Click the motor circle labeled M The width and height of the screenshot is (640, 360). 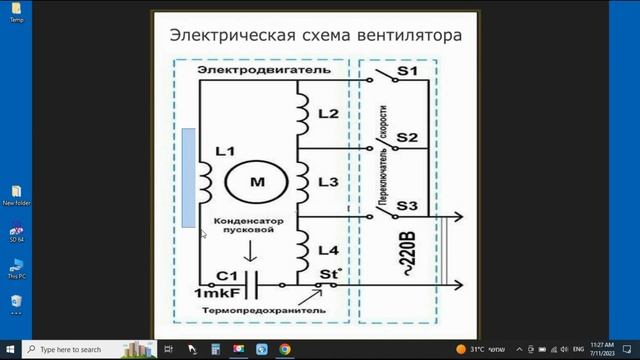[x=257, y=183]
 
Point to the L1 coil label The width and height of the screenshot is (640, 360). [x=224, y=152]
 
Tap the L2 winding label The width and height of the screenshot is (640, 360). [x=327, y=114]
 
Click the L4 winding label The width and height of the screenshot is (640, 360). [x=327, y=249]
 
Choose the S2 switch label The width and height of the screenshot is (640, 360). [x=407, y=137]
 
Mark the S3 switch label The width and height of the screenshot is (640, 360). [x=407, y=206]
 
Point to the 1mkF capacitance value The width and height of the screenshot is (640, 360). [x=216, y=294]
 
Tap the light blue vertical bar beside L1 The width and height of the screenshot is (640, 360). [x=189, y=178]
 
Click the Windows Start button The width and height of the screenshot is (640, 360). [x=11, y=349]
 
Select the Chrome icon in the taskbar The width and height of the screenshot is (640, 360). [x=285, y=349]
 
